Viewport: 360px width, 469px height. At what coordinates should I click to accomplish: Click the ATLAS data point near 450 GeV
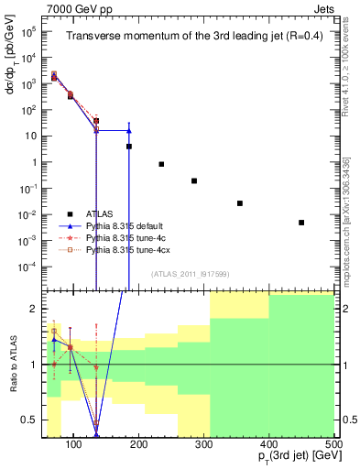[301, 223]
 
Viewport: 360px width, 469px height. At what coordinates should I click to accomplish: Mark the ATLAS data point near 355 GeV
[240, 203]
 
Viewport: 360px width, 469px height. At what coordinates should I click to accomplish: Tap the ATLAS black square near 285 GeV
[194, 181]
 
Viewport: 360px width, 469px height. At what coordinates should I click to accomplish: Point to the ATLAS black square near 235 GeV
[161, 164]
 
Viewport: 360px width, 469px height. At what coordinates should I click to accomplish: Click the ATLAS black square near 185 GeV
[129, 147]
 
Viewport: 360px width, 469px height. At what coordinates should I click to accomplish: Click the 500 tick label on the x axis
[333, 444]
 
